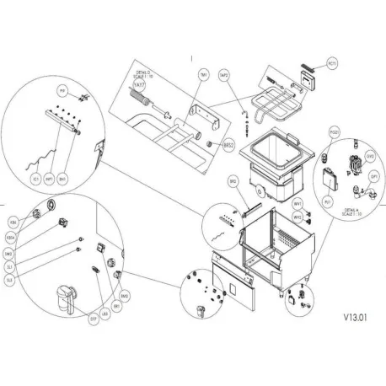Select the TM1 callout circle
point(202,75)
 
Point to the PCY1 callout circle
point(332,62)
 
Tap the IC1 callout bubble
point(38,180)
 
